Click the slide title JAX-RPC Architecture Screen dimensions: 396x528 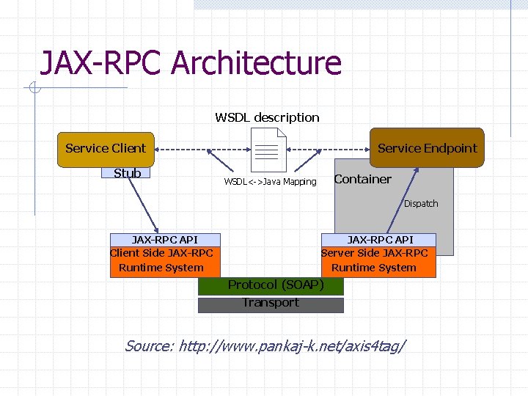click(x=191, y=63)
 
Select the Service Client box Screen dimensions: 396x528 click(x=105, y=148)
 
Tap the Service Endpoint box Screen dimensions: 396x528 click(x=427, y=148)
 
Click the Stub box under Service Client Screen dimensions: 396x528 click(x=127, y=173)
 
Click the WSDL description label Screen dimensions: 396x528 click(x=267, y=117)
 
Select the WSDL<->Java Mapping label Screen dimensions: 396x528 click(x=270, y=182)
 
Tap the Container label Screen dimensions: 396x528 click(x=362, y=180)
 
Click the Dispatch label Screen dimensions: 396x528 click(x=421, y=204)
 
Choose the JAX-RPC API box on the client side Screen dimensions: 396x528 click(x=164, y=240)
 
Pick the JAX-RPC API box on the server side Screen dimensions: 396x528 click(x=380, y=240)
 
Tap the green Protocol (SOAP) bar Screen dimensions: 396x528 click(x=271, y=285)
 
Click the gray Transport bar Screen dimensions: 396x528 click(x=271, y=304)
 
